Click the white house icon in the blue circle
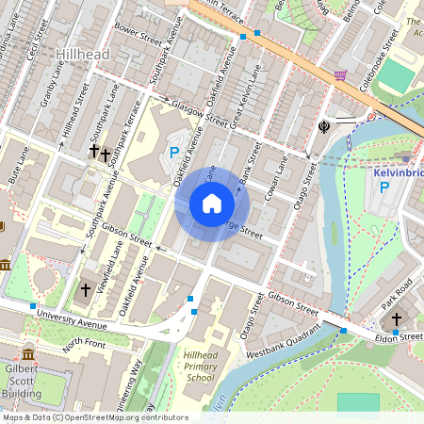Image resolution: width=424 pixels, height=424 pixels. [x=212, y=204]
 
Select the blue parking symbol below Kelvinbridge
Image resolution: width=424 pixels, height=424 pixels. [x=383, y=188]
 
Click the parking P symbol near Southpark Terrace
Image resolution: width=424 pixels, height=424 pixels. [x=173, y=152]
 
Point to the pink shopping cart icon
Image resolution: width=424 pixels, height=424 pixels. [x=340, y=75]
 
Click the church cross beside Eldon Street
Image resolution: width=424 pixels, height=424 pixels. [x=397, y=319]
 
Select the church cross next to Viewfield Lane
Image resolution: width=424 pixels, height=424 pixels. [x=86, y=289]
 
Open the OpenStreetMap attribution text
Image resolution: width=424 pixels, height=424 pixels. [x=94, y=417]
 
